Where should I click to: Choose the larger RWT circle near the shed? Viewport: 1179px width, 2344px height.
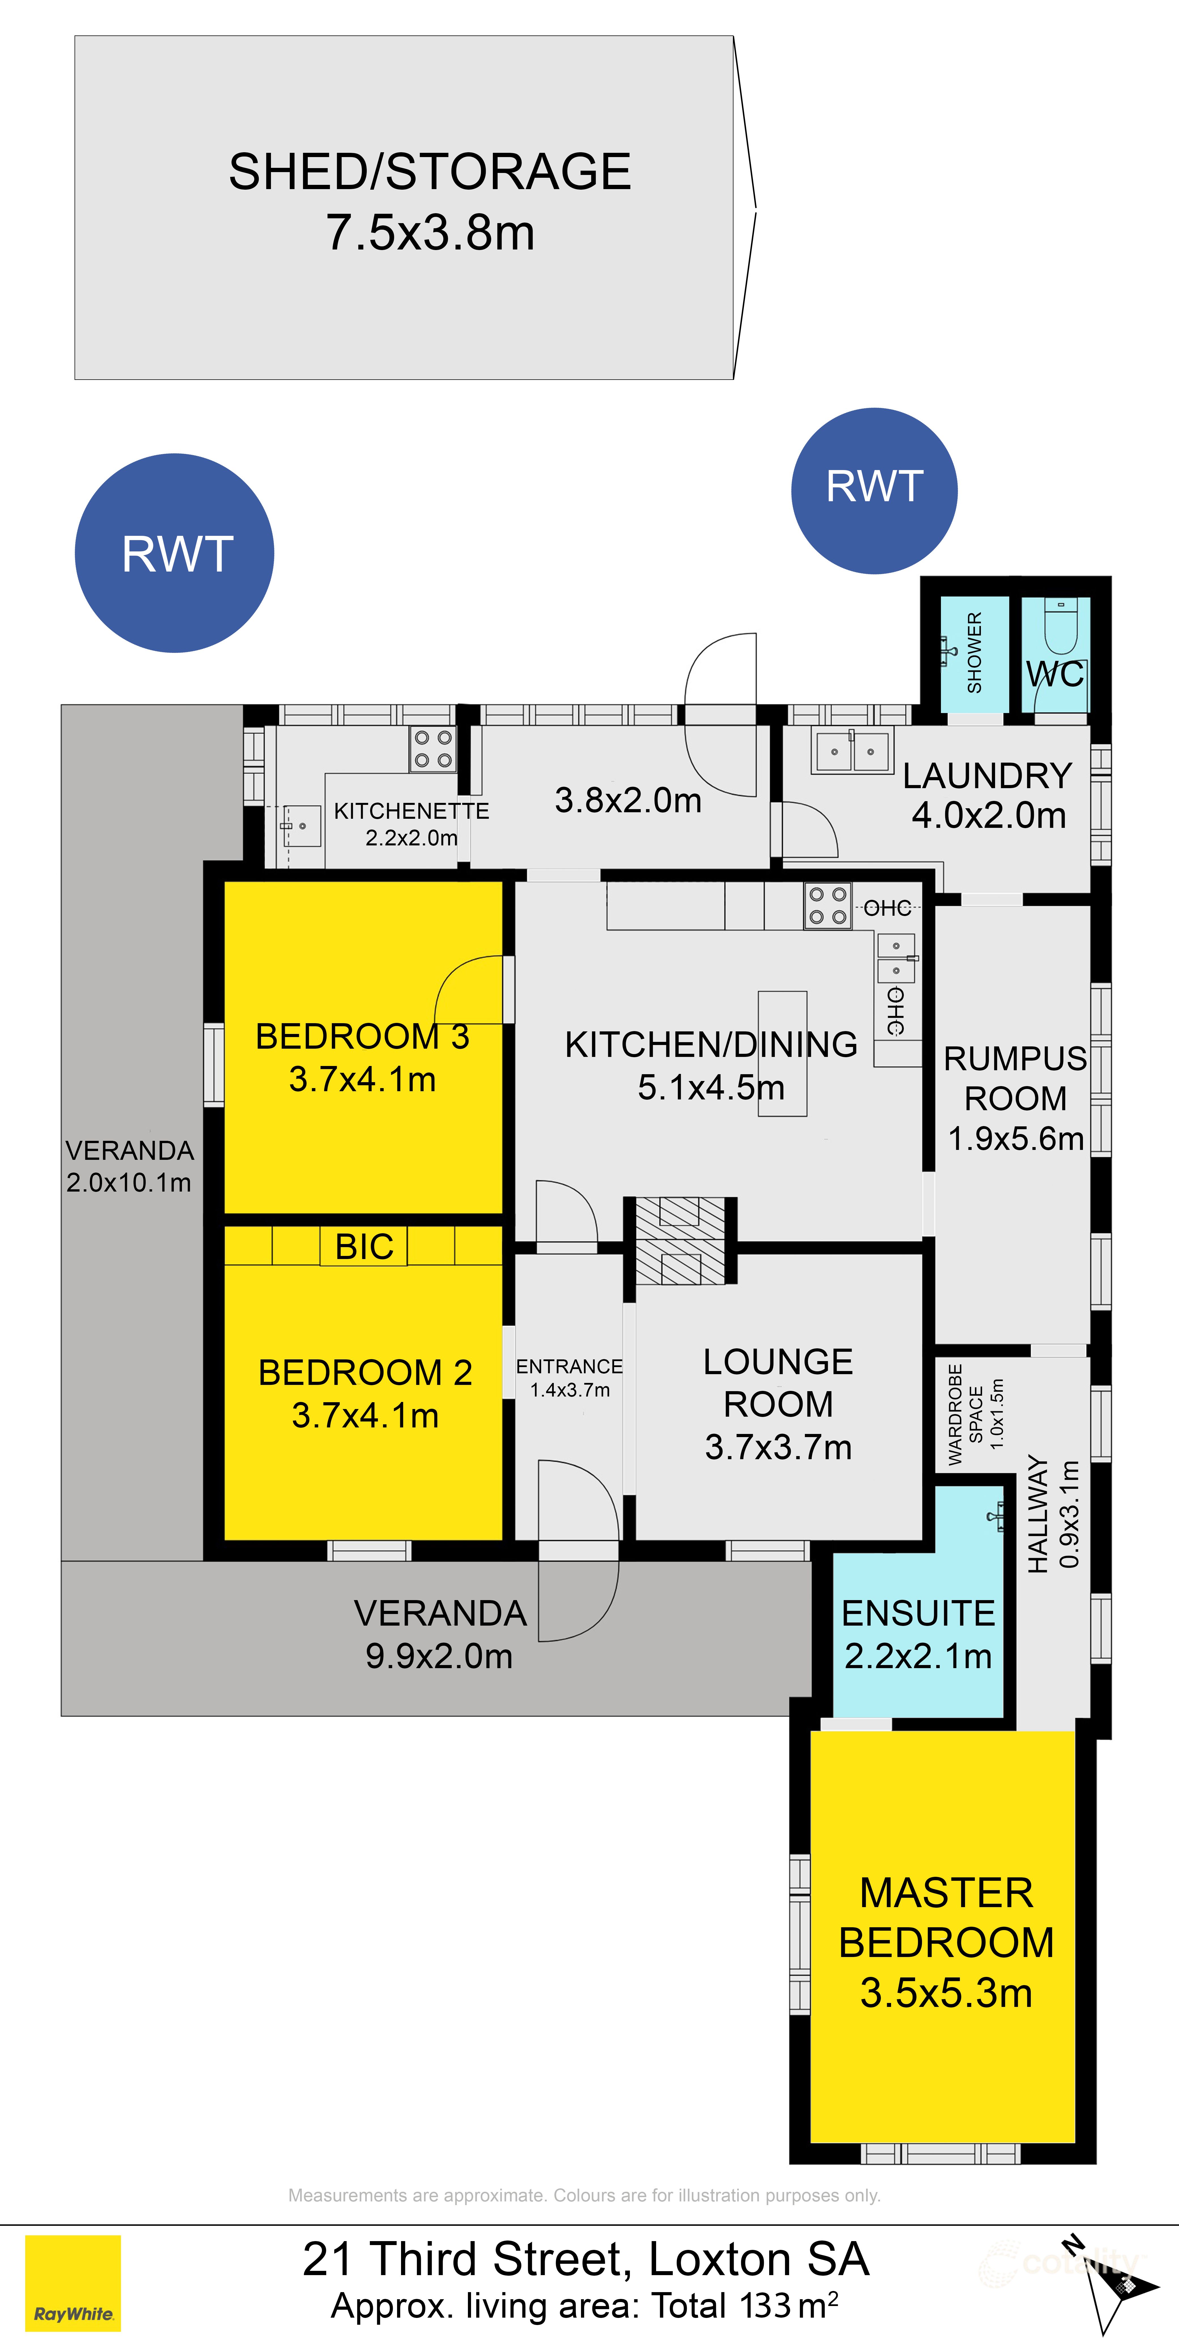tap(175, 553)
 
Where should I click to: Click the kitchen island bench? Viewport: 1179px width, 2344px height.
tap(782, 1053)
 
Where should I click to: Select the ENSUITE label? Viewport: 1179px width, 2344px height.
tap(918, 1613)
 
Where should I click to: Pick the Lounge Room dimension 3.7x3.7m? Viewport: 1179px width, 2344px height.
tap(778, 1447)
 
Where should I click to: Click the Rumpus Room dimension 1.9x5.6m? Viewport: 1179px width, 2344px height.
tap(1015, 1138)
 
